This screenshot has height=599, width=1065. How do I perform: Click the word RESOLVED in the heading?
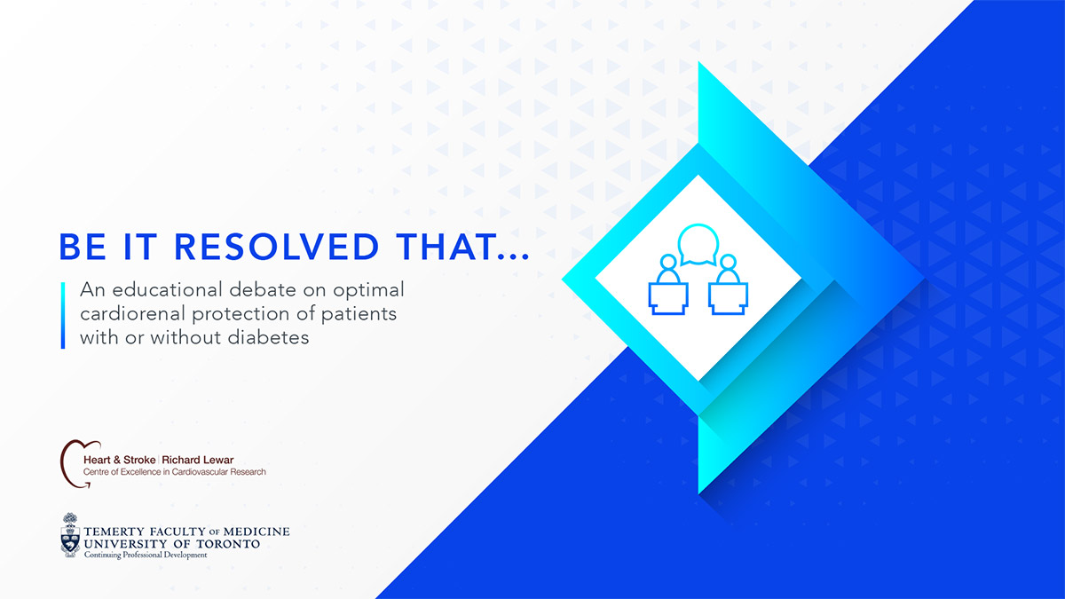tap(277, 247)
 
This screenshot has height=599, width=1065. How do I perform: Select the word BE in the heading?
tap(83, 247)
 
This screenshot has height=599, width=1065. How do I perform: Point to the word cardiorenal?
tap(132, 313)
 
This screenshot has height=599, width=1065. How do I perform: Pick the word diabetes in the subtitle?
tap(268, 337)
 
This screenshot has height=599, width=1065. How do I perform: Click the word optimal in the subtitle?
tap(368, 290)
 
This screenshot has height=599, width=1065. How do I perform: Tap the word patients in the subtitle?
tap(359, 314)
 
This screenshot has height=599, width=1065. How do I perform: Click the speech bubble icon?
tap(698, 245)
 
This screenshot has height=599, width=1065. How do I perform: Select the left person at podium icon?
tap(668, 285)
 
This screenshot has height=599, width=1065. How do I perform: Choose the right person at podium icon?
tap(728, 285)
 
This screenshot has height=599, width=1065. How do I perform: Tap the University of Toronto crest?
tap(70, 535)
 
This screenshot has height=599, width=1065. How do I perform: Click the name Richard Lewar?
tap(198, 460)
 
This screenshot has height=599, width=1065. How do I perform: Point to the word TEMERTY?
tap(114, 532)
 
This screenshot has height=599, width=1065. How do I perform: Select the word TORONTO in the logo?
tap(229, 544)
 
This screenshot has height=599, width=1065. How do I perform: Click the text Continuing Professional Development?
tap(146, 555)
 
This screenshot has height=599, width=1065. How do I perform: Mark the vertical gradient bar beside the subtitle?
tap(63, 316)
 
